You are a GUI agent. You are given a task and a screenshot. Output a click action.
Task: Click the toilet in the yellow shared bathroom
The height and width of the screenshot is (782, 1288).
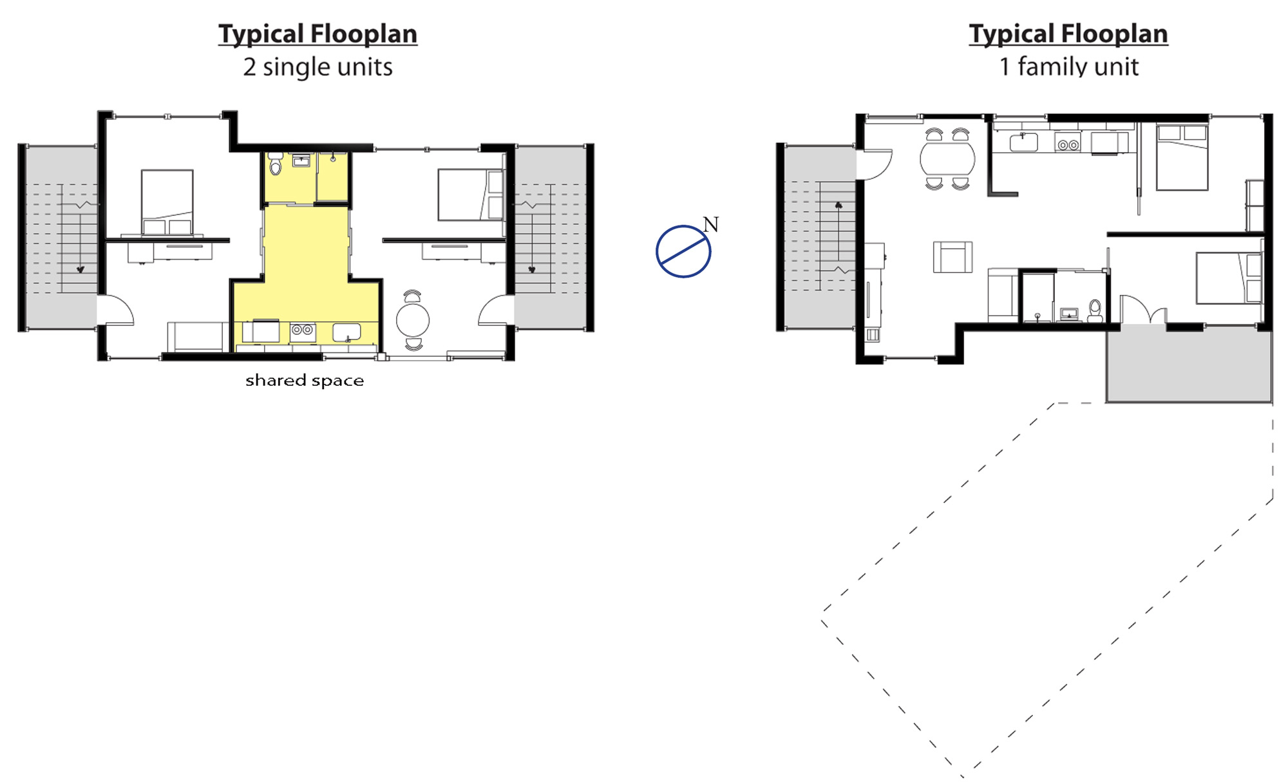(276, 164)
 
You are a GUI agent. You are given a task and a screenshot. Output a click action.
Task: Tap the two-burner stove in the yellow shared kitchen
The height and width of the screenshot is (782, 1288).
(303, 330)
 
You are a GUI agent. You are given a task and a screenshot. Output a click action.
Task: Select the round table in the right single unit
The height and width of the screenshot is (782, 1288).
(413, 320)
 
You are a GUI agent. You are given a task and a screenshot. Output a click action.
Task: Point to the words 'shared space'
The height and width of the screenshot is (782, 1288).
(305, 380)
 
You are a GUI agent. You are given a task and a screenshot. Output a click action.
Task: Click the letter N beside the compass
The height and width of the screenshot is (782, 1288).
(710, 224)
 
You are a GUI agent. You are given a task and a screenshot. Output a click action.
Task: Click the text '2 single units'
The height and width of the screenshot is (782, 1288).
(317, 67)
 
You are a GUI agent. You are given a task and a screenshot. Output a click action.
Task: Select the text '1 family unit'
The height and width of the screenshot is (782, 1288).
(1068, 66)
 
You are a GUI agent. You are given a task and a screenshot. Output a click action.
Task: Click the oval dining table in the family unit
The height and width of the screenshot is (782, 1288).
(947, 158)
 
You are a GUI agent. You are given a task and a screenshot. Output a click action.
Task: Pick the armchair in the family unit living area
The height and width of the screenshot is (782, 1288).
(952, 256)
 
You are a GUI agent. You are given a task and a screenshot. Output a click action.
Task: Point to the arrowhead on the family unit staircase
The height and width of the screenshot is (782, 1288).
(838, 205)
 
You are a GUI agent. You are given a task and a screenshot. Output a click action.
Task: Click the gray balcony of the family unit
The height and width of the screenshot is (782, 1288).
(1189, 363)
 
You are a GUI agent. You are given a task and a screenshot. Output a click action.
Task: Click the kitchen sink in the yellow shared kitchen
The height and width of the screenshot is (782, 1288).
(346, 332)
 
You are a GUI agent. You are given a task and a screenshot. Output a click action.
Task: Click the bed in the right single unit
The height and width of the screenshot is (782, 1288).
(471, 195)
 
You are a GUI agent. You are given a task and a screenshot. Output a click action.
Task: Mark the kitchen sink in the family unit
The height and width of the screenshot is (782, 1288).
(1023, 142)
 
